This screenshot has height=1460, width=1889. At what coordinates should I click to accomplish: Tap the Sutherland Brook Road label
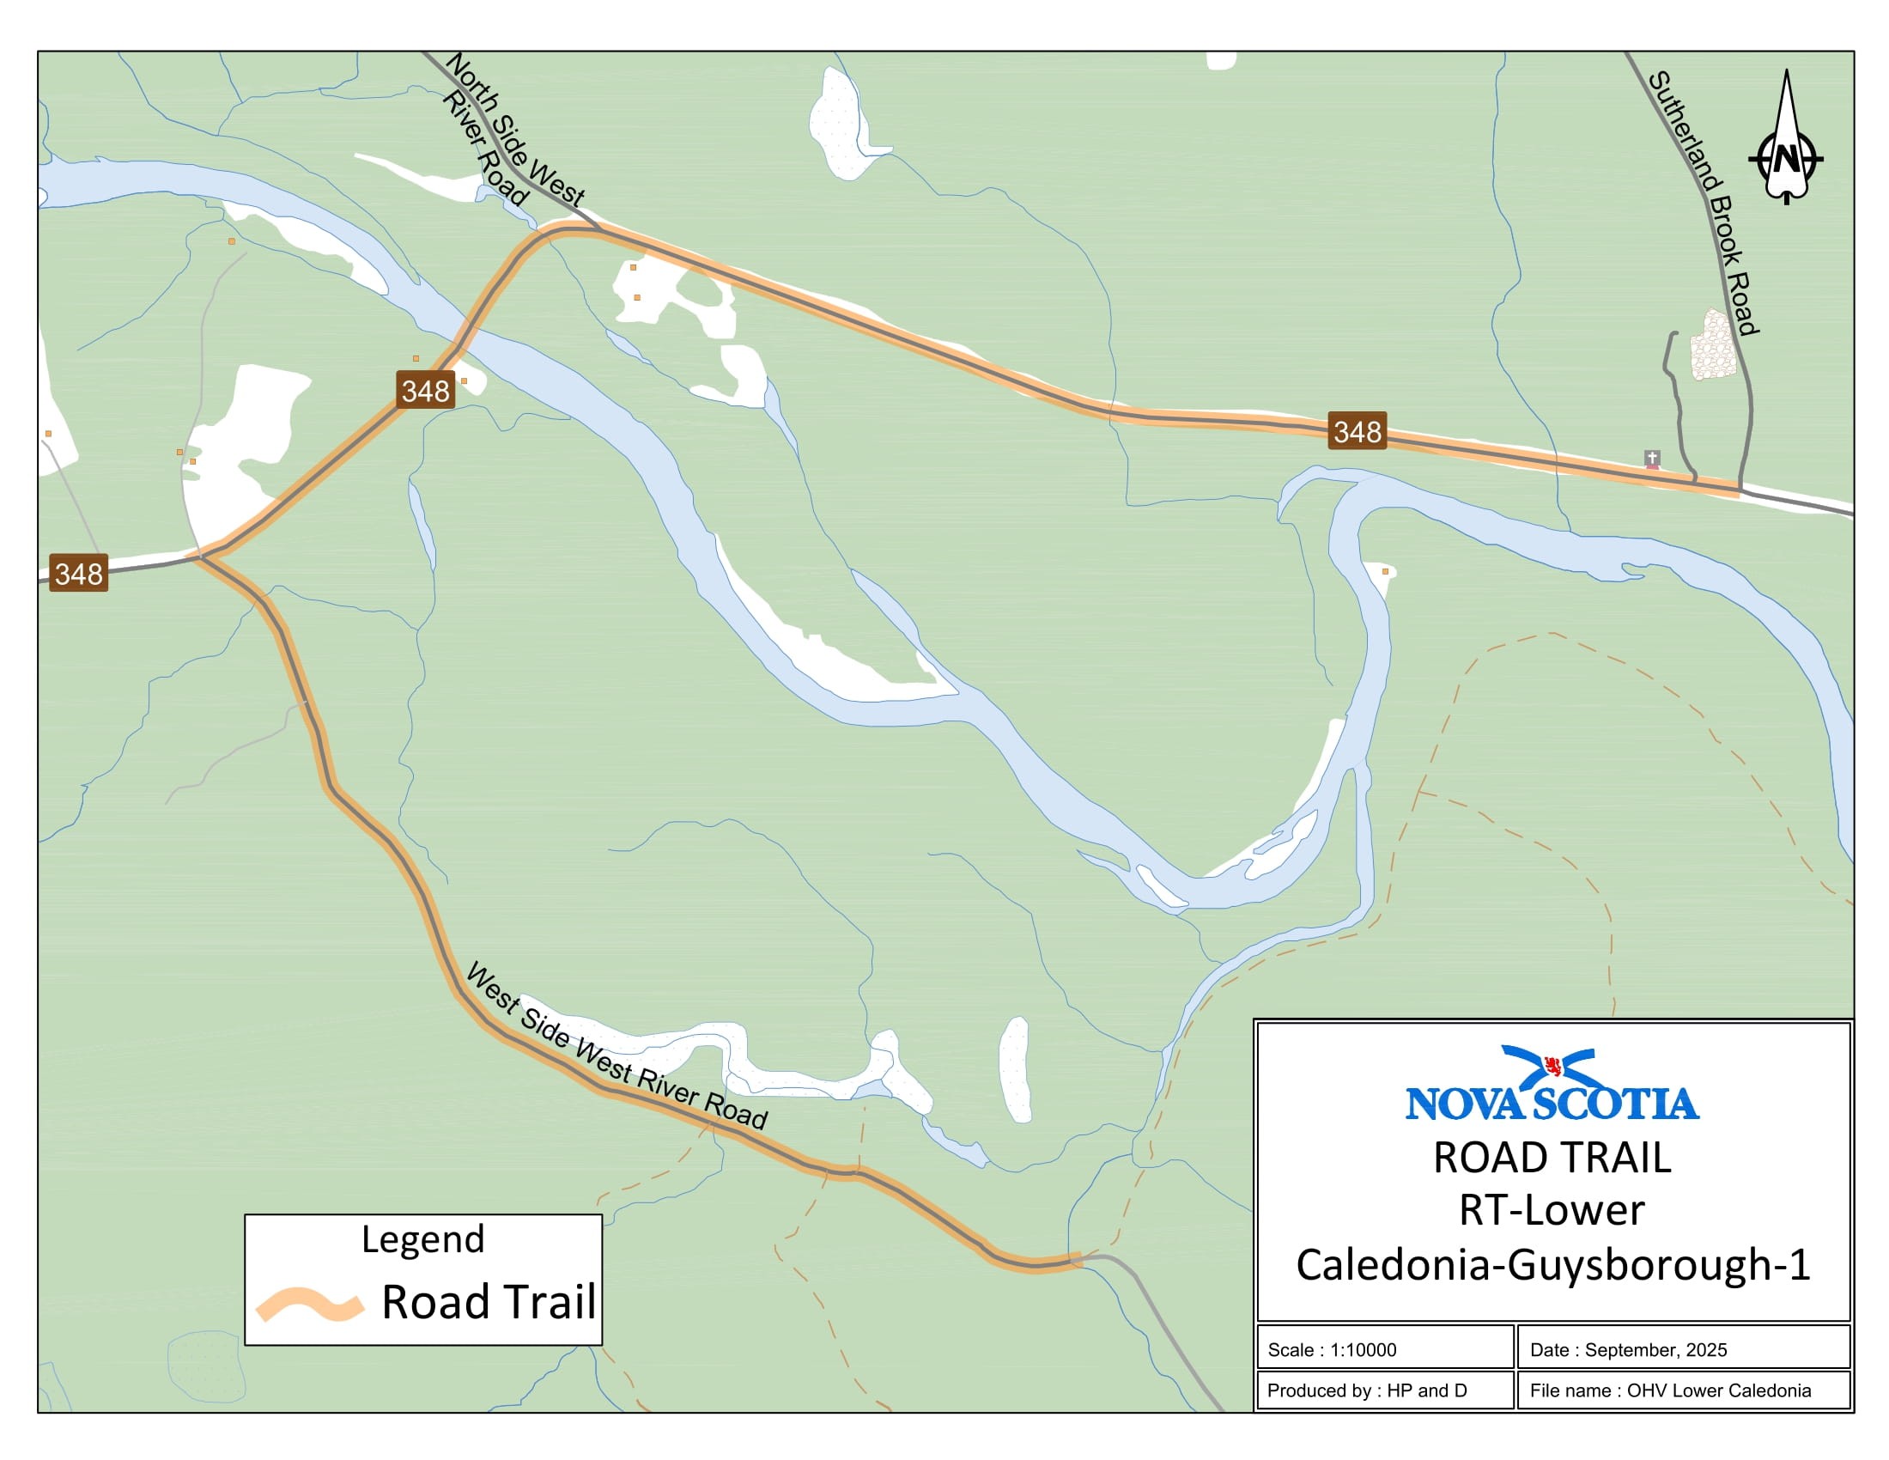pyautogui.click(x=1703, y=203)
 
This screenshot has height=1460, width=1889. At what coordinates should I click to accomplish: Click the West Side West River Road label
pyautogui.click(x=616, y=1047)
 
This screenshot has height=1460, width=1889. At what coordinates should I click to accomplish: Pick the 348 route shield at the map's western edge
pyautogui.click(x=78, y=573)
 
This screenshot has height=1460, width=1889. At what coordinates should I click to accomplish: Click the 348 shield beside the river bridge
pyautogui.click(x=426, y=390)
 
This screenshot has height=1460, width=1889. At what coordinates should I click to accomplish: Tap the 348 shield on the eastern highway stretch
pyautogui.click(x=1356, y=431)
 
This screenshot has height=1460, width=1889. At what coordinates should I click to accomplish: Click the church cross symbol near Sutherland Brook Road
pyautogui.click(x=1651, y=458)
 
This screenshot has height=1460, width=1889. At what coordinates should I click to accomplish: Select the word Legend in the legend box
pyautogui.click(x=422, y=1238)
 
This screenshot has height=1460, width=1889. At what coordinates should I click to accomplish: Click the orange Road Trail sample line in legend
pyautogui.click(x=309, y=1304)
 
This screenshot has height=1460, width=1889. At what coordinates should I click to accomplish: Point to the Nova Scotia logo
pyautogui.click(x=1552, y=1085)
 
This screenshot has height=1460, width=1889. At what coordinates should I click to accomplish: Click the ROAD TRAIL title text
pyautogui.click(x=1552, y=1158)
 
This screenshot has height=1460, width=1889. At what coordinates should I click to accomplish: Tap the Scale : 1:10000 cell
pyautogui.click(x=1384, y=1349)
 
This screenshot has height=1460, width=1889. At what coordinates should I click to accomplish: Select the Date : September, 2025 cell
pyautogui.click(x=1682, y=1349)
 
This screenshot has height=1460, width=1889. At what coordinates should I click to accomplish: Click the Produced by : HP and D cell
pyautogui.click(x=1384, y=1390)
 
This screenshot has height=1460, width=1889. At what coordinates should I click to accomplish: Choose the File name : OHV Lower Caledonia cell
pyautogui.click(x=1682, y=1390)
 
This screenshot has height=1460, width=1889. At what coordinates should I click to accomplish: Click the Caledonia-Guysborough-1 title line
pyautogui.click(x=1552, y=1264)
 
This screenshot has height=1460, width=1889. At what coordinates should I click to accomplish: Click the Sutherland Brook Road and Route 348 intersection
pyautogui.click(x=1740, y=491)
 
